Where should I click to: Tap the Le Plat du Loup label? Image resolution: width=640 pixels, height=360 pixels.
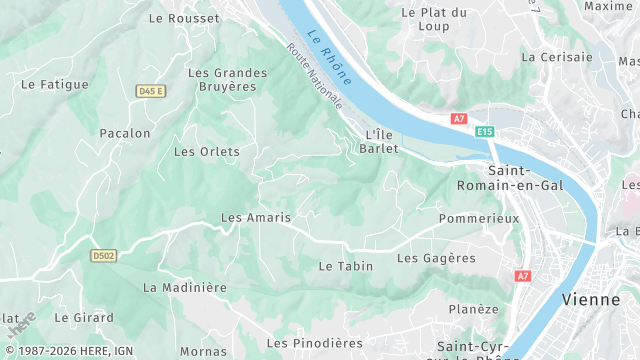pyautogui.click(x=434, y=19)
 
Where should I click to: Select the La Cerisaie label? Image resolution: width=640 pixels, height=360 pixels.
pyautogui.click(x=556, y=57)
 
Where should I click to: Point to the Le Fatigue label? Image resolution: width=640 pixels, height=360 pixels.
pyautogui.click(x=55, y=85)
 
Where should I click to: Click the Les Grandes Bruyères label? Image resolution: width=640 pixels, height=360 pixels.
pyautogui.click(x=228, y=79)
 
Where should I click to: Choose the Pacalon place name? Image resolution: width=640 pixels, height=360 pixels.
pyautogui.click(x=125, y=133)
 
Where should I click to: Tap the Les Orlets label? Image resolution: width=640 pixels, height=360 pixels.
pyautogui.click(x=207, y=152)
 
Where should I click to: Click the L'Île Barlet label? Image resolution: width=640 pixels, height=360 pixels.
pyautogui.click(x=382, y=141)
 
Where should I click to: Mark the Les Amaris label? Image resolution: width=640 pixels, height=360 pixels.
pyautogui.click(x=256, y=217)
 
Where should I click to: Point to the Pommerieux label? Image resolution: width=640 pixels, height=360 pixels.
pyautogui.click(x=479, y=218)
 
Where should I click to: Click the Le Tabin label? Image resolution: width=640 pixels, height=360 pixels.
pyautogui.click(x=345, y=266)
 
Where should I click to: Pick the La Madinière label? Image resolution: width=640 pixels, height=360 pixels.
pyautogui.click(x=185, y=287)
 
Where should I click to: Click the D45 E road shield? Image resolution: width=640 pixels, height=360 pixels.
pyautogui.click(x=150, y=91)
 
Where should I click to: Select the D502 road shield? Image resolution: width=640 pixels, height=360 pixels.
pyautogui.click(x=104, y=256)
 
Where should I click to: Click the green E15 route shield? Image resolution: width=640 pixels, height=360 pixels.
pyautogui.click(x=485, y=131)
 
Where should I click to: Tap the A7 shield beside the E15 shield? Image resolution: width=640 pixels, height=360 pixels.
pyautogui.click(x=459, y=118)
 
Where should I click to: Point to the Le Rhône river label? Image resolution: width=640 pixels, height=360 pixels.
pyautogui.click(x=331, y=55)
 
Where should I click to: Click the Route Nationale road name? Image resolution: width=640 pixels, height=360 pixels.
pyautogui.click(x=314, y=76)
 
